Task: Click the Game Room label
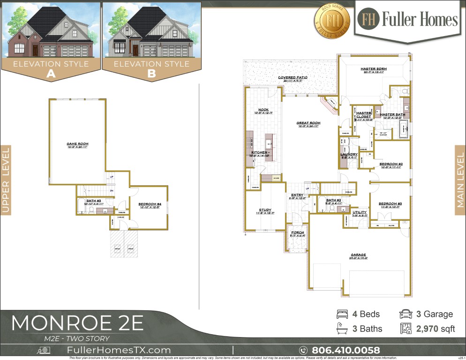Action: [77, 144]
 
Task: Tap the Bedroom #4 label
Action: [150, 204]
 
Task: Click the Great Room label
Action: [308, 124]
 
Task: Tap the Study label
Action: [265, 210]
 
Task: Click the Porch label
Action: [298, 233]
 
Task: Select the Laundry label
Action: [349, 155]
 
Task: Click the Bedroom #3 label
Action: [391, 203]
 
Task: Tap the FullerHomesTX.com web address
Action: [119, 350]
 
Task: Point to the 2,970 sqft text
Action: [436, 329]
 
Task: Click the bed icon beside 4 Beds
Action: [342, 314]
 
